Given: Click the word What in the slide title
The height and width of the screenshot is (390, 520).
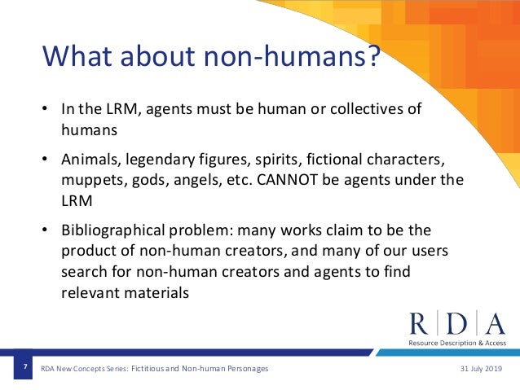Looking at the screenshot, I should pos(77,59).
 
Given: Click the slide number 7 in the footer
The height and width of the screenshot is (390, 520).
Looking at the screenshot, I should pos(25,369).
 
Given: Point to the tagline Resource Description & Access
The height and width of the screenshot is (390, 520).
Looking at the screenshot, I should pos(456,344).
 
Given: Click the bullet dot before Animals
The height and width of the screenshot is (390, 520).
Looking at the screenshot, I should pos(46,159).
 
